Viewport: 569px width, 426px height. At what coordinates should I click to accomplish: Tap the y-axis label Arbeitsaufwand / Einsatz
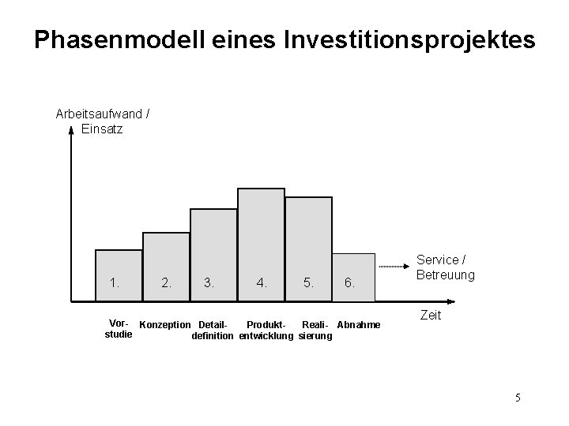pyautogui.click(x=103, y=121)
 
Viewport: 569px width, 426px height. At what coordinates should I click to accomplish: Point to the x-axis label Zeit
pyautogui.click(x=430, y=315)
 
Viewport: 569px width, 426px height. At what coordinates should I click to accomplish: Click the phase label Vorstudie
pyautogui.click(x=119, y=330)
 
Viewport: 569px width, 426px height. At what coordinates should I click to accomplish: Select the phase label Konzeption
pyautogui.click(x=165, y=325)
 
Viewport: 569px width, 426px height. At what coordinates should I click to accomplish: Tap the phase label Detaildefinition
pyautogui.click(x=213, y=331)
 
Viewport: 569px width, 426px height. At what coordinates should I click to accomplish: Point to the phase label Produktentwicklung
pyautogui.click(x=266, y=331)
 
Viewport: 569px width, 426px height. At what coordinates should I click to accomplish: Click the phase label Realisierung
pyautogui.click(x=316, y=331)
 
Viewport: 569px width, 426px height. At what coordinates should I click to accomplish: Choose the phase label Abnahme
pyautogui.click(x=359, y=325)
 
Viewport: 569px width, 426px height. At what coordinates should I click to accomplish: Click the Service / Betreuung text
pyautogui.click(x=446, y=267)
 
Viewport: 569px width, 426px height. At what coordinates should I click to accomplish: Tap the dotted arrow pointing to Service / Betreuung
pyautogui.click(x=395, y=268)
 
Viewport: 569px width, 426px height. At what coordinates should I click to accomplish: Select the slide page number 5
pyautogui.click(x=518, y=397)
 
